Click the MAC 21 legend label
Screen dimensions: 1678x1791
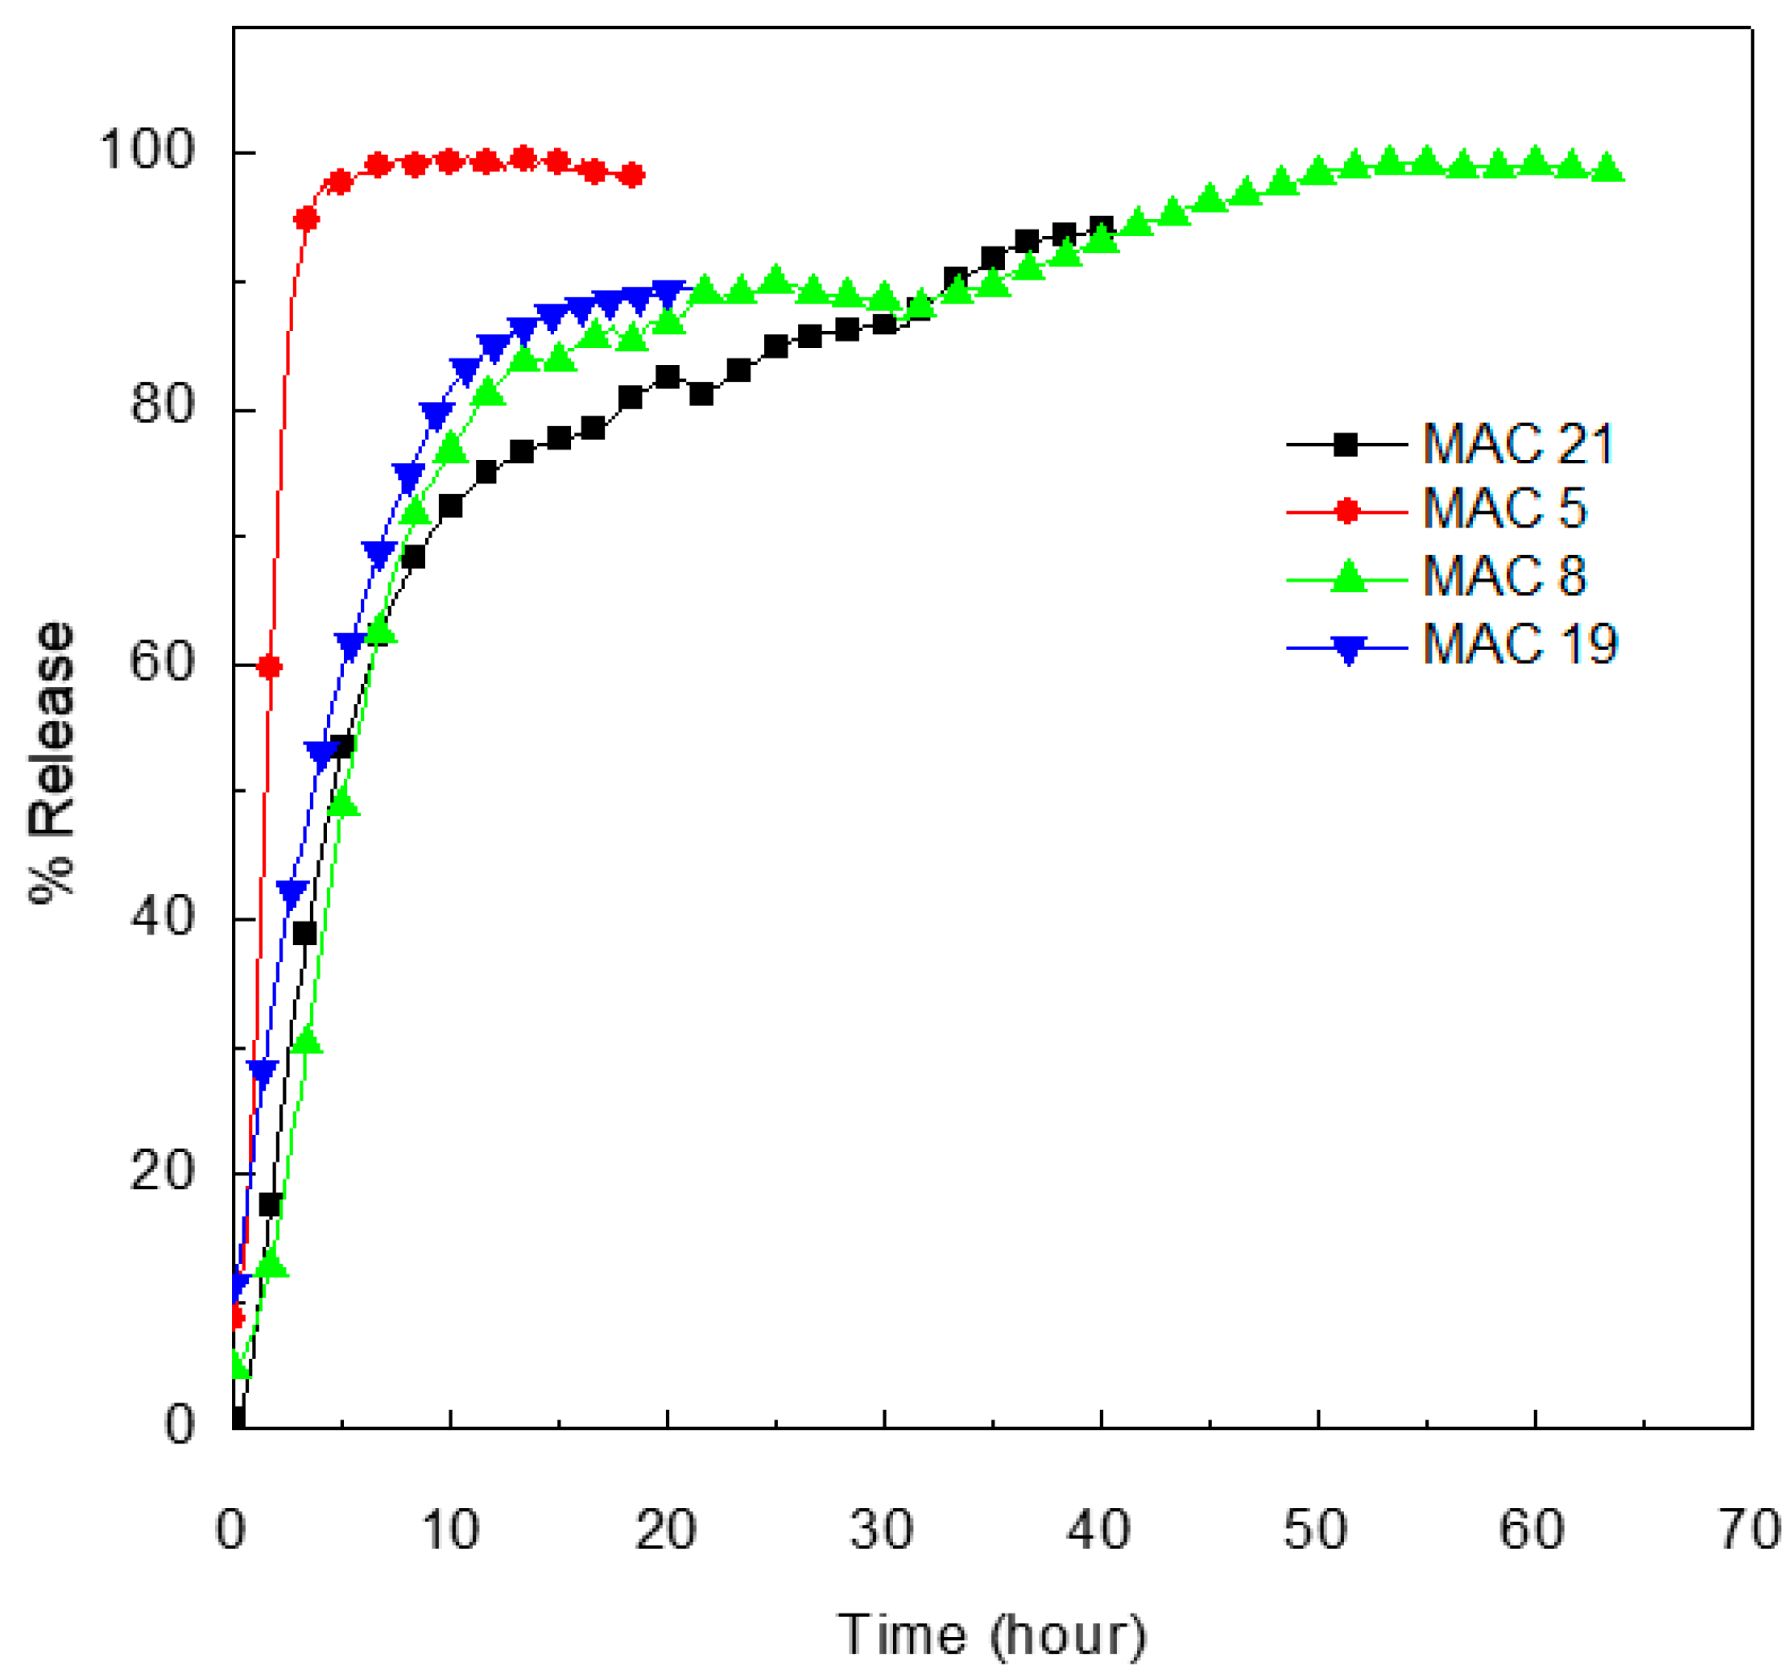point(1518,445)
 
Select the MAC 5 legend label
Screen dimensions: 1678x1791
point(1504,509)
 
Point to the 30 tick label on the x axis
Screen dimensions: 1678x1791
point(882,1529)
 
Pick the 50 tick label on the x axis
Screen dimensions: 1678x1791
point(1315,1529)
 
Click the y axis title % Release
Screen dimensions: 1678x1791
point(52,762)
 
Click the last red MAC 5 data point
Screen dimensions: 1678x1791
point(632,175)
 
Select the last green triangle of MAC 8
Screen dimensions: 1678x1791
point(1607,168)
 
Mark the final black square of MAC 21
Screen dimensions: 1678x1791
point(1101,227)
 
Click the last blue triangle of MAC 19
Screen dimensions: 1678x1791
point(668,294)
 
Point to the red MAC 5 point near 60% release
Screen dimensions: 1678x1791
point(269,667)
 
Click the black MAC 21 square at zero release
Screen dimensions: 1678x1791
point(237,1419)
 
